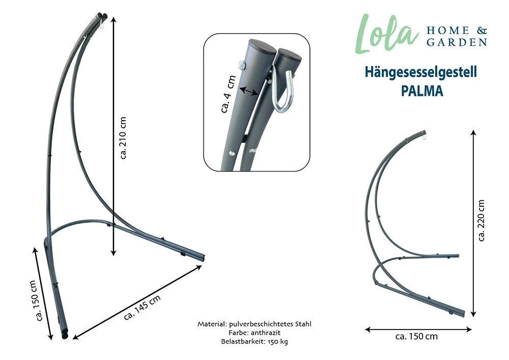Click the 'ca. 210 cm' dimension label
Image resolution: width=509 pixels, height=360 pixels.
click(x=123, y=138)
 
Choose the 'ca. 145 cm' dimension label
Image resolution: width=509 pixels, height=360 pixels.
click(x=142, y=308)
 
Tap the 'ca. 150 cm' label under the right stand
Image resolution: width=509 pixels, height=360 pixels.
click(x=416, y=337)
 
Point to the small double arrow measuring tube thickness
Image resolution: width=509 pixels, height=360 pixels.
click(x=248, y=92)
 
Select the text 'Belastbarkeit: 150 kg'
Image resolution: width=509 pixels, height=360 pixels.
click(x=254, y=342)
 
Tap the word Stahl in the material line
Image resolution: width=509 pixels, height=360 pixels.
click(x=301, y=324)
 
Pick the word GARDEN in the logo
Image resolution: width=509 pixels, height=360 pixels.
click(x=456, y=43)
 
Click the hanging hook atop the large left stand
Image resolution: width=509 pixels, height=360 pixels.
click(x=103, y=23)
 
